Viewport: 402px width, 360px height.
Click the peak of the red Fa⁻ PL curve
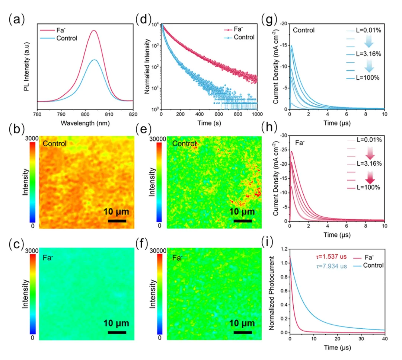(94, 31)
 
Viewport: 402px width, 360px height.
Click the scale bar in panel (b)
(117, 221)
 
